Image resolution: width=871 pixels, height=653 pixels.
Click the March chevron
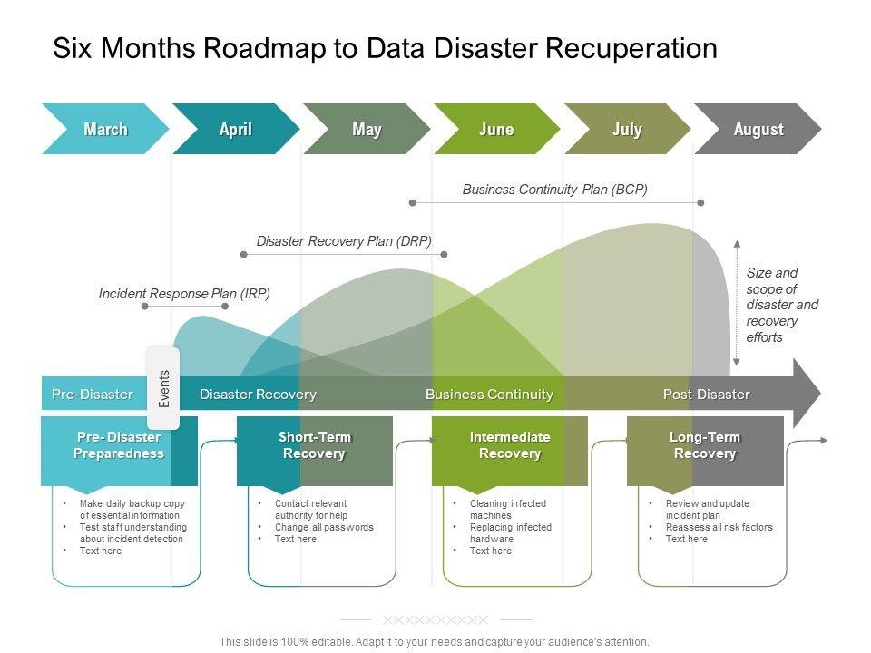coord(105,130)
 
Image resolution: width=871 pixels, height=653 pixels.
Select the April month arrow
coord(236,130)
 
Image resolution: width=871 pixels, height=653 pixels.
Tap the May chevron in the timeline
coord(367,130)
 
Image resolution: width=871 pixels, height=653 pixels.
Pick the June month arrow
coord(496,130)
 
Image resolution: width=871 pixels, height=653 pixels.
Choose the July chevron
coord(627,130)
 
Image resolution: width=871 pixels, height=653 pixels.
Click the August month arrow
coord(758,130)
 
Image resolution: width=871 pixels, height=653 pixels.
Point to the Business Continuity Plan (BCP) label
coord(554,190)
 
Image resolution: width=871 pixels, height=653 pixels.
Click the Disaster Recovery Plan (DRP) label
coord(344,241)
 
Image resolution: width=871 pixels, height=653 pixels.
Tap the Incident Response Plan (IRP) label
coord(184,294)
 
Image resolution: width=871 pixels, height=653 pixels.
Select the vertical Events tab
coord(164,387)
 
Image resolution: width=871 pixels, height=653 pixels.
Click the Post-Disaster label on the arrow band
coord(706,395)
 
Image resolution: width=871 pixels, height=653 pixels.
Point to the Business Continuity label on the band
coord(489,395)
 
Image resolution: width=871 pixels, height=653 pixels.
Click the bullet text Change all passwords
coord(324,527)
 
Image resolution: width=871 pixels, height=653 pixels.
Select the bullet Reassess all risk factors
coord(719,527)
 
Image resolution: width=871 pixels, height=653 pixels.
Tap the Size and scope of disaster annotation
coord(781,305)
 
